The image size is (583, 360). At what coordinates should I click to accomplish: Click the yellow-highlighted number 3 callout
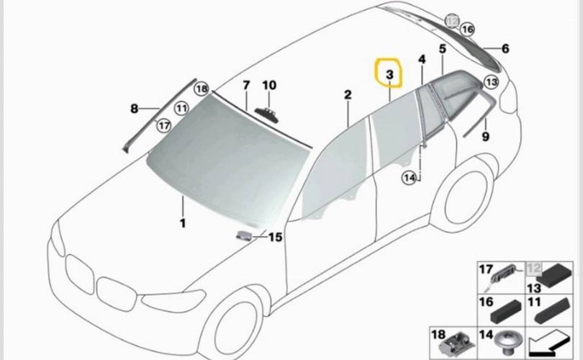pos(389,74)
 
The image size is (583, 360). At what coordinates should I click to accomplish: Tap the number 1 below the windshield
pos(183,223)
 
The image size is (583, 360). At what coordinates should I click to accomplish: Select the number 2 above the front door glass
pos(348,95)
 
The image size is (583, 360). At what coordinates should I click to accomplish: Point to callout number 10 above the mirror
pos(269,85)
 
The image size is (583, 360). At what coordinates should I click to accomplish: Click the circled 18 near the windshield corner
pos(202,89)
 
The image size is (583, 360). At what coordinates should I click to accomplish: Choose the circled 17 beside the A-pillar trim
pos(164,125)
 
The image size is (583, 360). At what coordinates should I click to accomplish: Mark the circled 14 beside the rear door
pos(410,178)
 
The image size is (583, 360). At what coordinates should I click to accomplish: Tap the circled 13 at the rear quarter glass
pos(491,81)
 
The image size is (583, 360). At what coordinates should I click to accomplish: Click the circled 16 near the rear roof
pos(467,29)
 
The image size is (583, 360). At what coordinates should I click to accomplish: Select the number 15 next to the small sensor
pos(275,237)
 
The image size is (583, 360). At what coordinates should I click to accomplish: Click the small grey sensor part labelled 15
pos(243,235)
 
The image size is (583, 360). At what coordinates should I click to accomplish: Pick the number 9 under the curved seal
pos(486,137)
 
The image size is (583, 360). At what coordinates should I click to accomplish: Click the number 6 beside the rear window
pos(505,48)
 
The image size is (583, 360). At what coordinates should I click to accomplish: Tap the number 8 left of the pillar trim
pos(134,109)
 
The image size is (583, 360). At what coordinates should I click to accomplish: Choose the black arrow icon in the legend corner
pos(550,345)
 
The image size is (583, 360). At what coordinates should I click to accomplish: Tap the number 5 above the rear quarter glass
pos(442,49)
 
